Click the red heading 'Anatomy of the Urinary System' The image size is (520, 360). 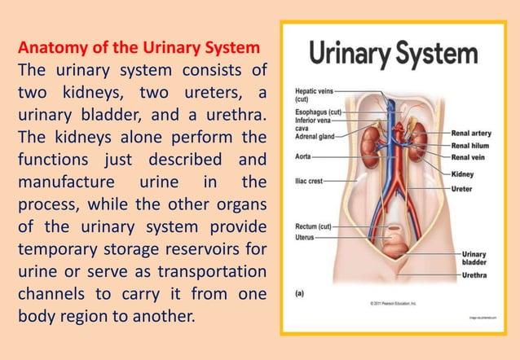[x=139, y=46]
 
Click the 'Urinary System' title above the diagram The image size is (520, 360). [x=394, y=55]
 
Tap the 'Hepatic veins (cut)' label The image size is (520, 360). [x=313, y=94]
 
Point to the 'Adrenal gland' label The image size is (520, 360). [x=315, y=136]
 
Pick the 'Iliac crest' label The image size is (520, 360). [x=309, y=180]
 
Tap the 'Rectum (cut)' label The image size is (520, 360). [x=312, y=226]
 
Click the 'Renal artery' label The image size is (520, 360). [x=471, y=133]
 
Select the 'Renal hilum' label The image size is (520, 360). [x=470, y=145]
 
